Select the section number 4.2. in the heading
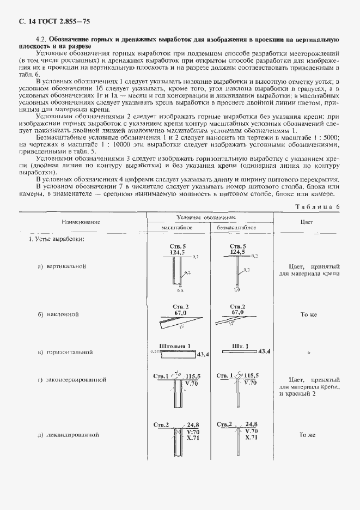click(41, 40)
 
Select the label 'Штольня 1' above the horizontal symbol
click(173, 345)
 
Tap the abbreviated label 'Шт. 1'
click(240, 345)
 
